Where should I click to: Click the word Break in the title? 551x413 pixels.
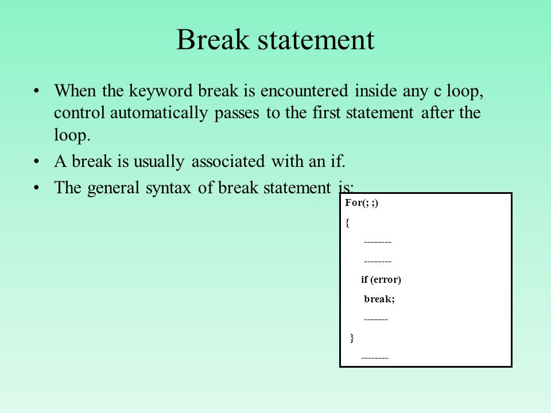[212, 39]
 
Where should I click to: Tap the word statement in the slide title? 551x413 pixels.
[316, 40]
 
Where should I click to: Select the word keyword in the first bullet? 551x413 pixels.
[161, 91]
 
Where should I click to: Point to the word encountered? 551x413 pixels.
[304, 91]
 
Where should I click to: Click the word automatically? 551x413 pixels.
[159, 113]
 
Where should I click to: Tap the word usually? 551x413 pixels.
[159, 162]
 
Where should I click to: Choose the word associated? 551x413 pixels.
[228, 161]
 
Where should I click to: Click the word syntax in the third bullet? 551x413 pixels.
[168, 188]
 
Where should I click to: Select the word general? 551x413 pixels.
[113, 188]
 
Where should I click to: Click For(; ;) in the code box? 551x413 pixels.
[362, 203]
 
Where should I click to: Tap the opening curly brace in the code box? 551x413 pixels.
[347, 223]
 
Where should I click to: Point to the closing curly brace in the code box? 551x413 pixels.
[352, 338]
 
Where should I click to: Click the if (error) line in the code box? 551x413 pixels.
[381, 279]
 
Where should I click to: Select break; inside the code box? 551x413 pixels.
[379, 299]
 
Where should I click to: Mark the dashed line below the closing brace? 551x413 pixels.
[375, 358]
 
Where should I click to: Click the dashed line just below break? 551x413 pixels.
[376, 320]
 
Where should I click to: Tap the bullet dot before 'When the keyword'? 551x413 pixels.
[36, 91]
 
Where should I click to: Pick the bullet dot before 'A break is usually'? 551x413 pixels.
[36, 162]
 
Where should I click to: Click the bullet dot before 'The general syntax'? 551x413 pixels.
[36, 188]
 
